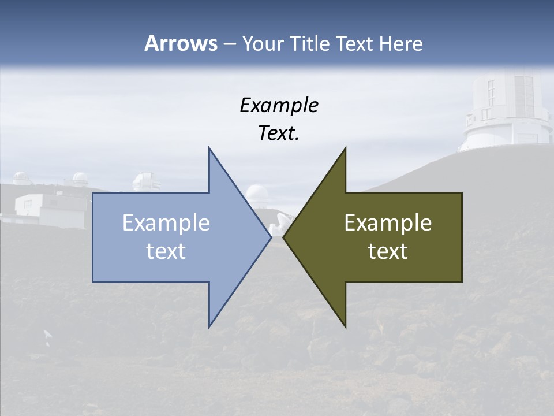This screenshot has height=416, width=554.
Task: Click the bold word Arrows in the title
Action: [180, 43]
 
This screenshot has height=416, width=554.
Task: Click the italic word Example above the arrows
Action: [279, 106]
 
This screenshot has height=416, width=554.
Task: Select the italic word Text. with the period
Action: [279, 133]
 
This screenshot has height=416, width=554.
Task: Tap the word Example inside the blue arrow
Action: [166, 223]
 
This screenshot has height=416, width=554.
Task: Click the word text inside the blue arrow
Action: [166, 251]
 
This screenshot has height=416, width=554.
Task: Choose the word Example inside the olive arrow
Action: [388, 223]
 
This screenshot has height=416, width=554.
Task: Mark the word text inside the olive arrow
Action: [388, 251]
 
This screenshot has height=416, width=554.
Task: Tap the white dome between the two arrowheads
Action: [256, 194]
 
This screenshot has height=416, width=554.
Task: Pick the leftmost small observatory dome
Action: [22, 178]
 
